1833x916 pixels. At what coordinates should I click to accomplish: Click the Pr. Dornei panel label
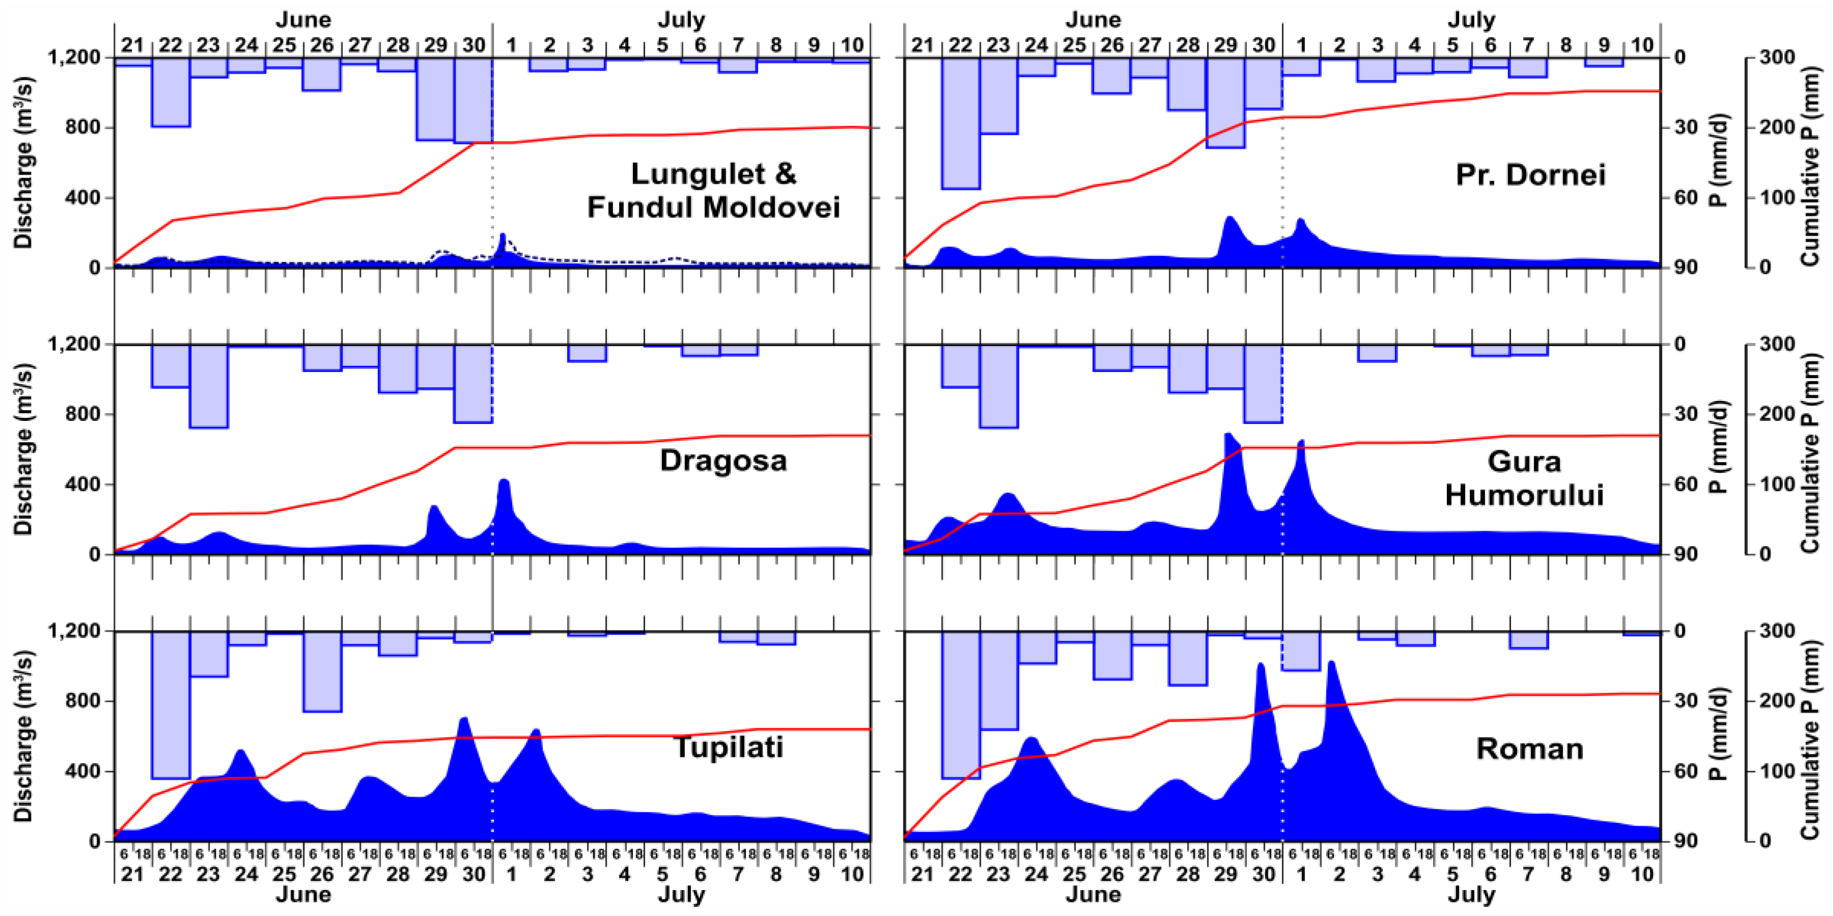click(x=1530, y=175)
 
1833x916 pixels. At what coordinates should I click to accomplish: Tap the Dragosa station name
click(x=723, y=461)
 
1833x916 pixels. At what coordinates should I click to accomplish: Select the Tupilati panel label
click(x=728, y=748)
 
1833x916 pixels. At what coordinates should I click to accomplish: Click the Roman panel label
click(x=1529, y=749)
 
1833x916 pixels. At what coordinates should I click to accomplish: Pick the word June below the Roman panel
click(x=1092, y=895)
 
